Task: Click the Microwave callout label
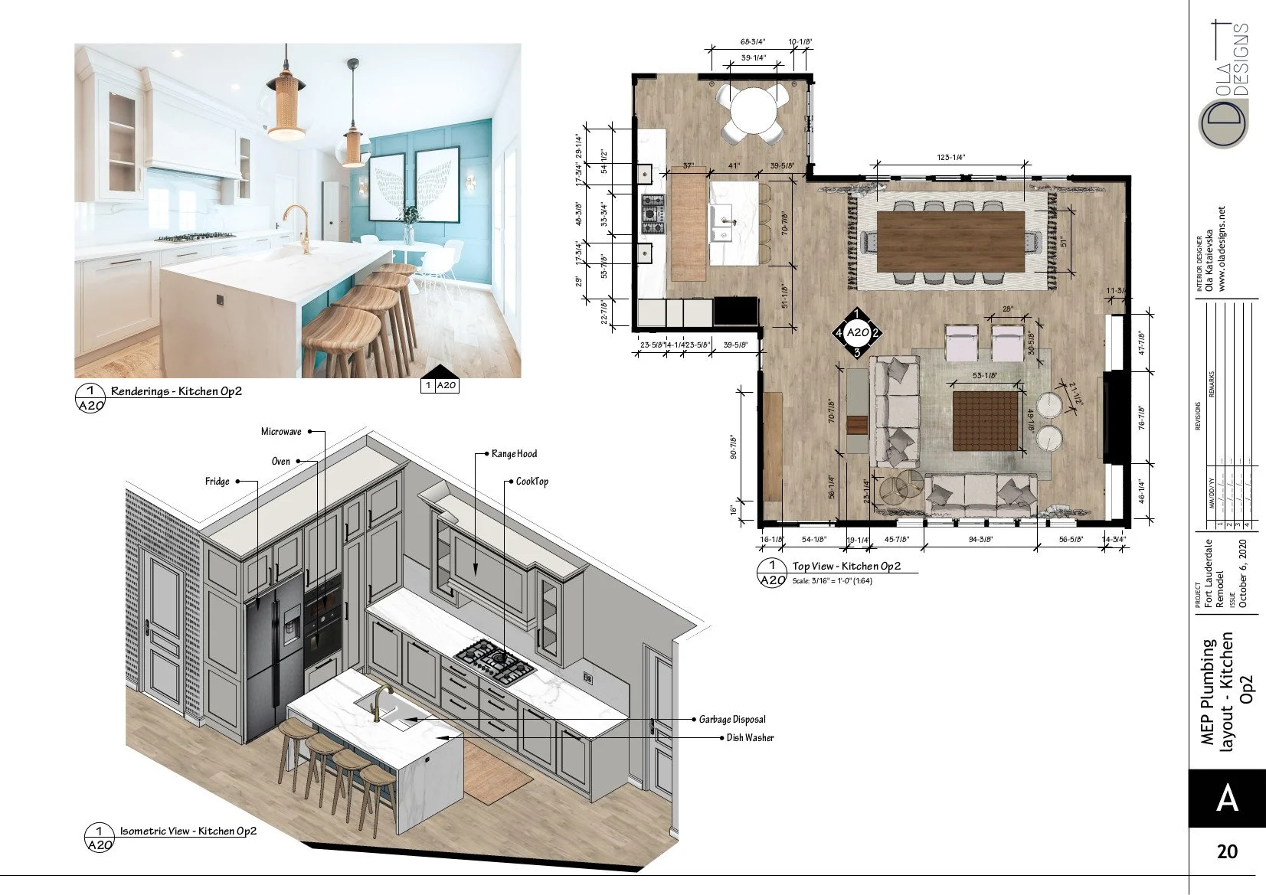[281, 432]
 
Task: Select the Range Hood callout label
[514, 454]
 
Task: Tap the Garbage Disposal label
[731, 720]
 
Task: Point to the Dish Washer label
[750, 738]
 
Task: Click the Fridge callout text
[217, 482]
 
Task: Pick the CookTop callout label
[532, 482]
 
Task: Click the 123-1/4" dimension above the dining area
[950, 157]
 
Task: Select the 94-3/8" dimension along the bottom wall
[980, 539]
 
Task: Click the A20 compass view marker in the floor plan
[857, 333]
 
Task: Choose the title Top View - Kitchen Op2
[846, 567]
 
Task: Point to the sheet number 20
[1227, 851]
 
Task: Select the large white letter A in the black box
[1227, 799]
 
